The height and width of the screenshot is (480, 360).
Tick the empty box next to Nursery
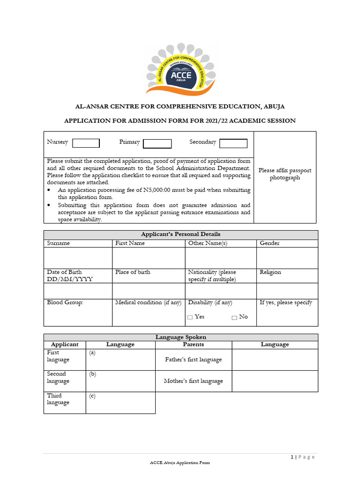pyautogui.click(x=86, y=143)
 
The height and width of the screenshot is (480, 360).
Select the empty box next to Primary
pyautogui.click(x=157, y=143)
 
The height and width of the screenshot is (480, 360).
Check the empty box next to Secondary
pyautogui.click(x=233, y=143)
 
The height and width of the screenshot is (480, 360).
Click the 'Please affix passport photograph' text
pyautogui.click(x=285, y=174)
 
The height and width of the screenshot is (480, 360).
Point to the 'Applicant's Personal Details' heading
pyautogui.click(x=180, y=234)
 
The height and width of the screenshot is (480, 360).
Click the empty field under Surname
pyautogui.click(x=78, y=258)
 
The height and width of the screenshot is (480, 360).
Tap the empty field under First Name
pyautogui.click(x=148, y=258)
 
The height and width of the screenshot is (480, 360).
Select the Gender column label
pyautogui.click(x=270, y=243)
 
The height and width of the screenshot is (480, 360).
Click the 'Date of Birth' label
pyautogui.click(x=64, y=272)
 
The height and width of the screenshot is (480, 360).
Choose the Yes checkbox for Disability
pyautogui.click(x=190, y=317)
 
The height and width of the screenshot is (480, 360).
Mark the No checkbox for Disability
pyautogui.click(x=234, y=317)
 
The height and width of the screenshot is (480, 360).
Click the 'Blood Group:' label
pyautogui.click(x=65, y=303)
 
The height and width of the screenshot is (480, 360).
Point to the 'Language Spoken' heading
pyautogui.click(x=180, y=337)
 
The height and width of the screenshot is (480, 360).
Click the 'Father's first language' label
pyautogui.click(x=193, y=360)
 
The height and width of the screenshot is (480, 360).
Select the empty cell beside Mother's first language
pyautogui.click(x=275, y=381)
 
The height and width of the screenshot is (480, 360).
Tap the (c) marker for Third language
pyautogui.click(x=92, y=396)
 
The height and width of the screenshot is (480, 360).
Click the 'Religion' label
pyautogui.click(x=270, y=272)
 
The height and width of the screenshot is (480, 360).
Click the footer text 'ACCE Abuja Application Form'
pyautogui.click(x=180, y=463)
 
